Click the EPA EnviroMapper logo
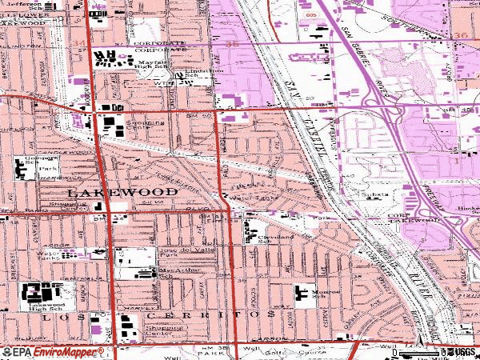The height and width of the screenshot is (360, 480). pos(53,352)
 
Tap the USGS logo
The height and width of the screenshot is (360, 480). pos(460,352)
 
